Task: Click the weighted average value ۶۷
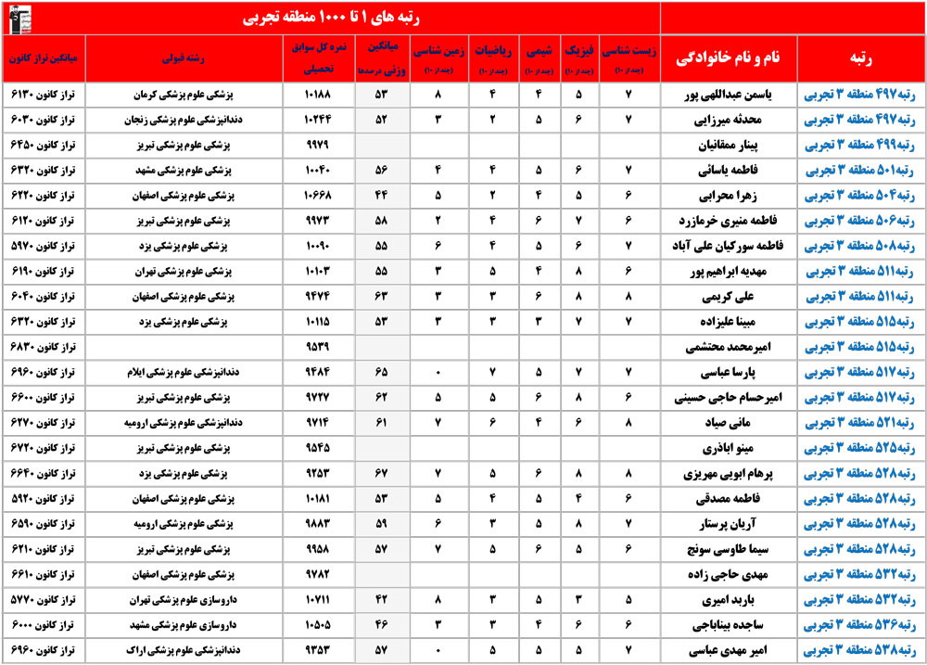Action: (380, 473)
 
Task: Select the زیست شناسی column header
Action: (629, 58)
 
